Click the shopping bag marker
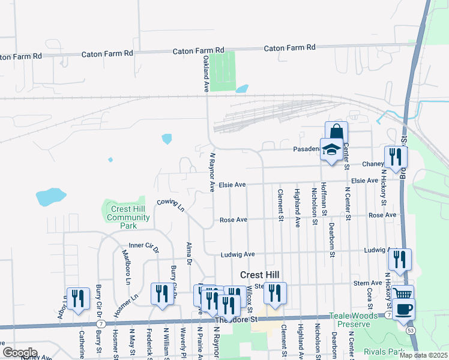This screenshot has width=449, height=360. coord(336,132)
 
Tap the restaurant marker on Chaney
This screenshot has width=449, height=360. coord(396,157)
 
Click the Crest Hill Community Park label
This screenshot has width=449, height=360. coord(122,217)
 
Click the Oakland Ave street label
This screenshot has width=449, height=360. coord(205,74)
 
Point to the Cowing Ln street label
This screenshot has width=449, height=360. coord(170,205)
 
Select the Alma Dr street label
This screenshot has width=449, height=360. coord(188,253)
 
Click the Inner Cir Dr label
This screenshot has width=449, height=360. coord(143,245)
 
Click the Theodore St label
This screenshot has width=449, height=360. coord(236,320)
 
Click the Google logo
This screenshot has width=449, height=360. coord(20,352)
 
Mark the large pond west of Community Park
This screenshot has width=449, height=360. coord(50,196)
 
